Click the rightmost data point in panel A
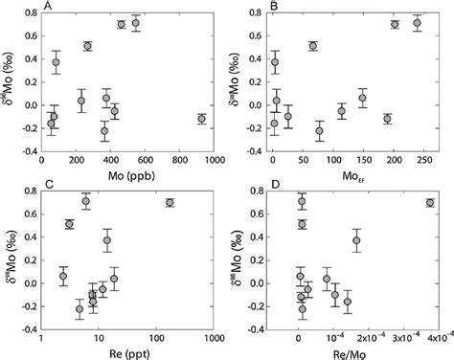tap(201, 119)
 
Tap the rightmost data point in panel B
tap(417, 22)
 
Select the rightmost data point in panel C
tap(170, 203)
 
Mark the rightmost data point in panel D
tap(429, 203)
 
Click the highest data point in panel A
tap(136, 22)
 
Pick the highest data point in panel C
tap(86, 201)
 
